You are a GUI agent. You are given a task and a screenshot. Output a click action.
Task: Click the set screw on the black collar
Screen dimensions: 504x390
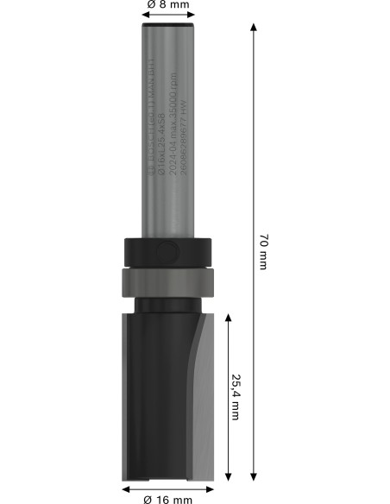pos(167,251)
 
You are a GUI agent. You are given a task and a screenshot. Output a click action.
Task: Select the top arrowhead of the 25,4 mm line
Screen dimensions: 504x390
pos(228,318)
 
